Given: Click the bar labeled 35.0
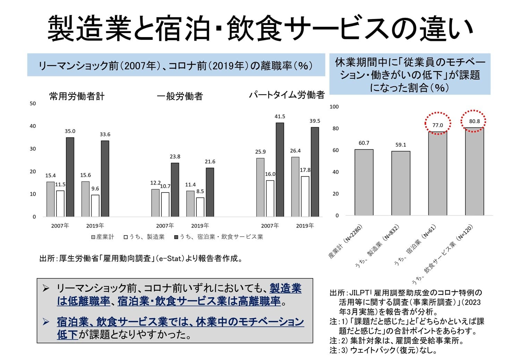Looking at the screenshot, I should point(70,177).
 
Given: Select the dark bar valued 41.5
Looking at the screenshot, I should point(280,170).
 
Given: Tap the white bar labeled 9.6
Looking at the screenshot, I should point(95,206).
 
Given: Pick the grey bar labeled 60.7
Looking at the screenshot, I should point(364,182).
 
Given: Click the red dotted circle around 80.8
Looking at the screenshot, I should point(473,121).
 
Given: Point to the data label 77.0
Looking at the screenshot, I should point(437,125).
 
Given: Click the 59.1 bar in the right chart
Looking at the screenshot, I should point(401,183).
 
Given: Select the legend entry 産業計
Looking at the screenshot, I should point(103,237).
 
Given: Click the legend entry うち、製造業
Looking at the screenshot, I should point(144,237).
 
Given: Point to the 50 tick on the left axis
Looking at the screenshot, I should point(33,103).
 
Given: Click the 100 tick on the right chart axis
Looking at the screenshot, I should point(334,106).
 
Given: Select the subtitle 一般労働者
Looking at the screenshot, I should point(180,96).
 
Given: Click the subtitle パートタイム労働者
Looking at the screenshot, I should point(287,95).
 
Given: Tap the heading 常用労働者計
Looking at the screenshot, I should point(77,96).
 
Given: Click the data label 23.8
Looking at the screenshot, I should point(175,157).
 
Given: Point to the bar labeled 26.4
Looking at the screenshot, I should point(295,187).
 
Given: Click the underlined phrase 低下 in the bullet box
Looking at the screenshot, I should point(68,335).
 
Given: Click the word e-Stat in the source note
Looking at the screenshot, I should point(170,258).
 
